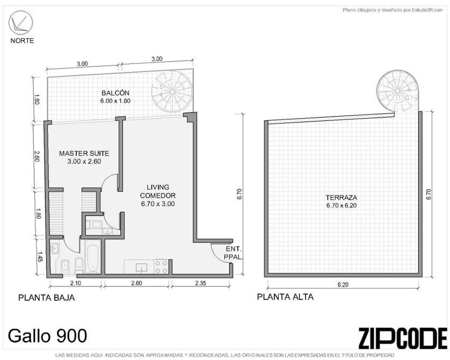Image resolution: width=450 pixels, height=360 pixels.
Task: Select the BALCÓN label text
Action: pyautogui.click(x=115, y=93)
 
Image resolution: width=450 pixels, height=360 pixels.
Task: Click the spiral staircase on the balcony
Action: pyautogui.click(x=172, y=92)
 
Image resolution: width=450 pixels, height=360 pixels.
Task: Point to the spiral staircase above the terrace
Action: pyautogui.click(x=398, y=91)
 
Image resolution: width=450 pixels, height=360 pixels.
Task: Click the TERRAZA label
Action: pyautogui.click(x=341, y=198)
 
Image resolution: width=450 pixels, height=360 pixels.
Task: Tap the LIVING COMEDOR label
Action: pyautogui.click(x=157, y=191)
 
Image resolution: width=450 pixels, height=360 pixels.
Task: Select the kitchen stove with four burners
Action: pyautogui.click(x=161, y=266)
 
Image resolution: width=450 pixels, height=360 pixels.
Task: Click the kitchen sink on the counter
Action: pyautogui.click(x=141, y=267)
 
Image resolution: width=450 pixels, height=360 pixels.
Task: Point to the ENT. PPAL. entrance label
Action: pyautogui.click(x=233, y=253)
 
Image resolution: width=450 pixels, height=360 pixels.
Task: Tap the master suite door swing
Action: pyautogui.click(x=110, y=182)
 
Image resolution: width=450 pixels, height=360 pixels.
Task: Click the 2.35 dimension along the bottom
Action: pyautogui.click(x=200, y=283)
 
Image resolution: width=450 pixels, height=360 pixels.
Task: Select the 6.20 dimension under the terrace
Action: pyautogui.click(x=343, y=285)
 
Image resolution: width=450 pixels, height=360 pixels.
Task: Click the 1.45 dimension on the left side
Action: pyautogui.click(x=40, y=257)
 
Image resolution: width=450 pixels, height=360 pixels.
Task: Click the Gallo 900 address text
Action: pyautogui.click(x=47, y=336)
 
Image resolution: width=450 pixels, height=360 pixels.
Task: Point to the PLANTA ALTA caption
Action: pyautogui.click(x=285, y=297)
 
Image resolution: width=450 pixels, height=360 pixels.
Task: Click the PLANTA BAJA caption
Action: pyautogui.click(x=47, y=298)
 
